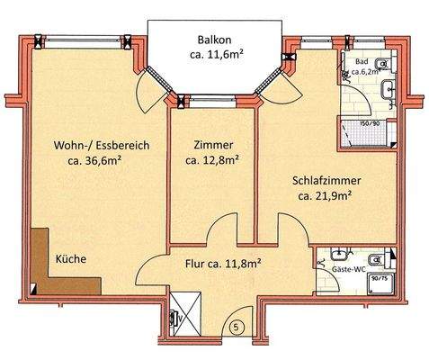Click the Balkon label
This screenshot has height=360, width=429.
click(x=216, y=40)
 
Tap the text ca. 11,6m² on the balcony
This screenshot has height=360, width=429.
click(x=216, y=57)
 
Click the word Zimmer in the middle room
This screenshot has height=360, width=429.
click(x=212, y=146)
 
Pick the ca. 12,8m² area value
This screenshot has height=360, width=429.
click(x=212, y=162)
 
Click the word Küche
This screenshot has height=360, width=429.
click(x=71, y=259)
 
